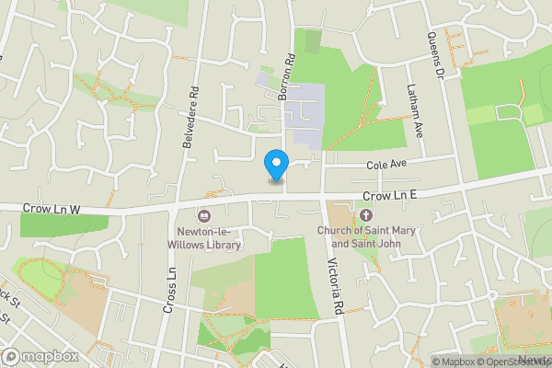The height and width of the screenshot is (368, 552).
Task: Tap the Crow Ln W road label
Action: [x=51, y=211]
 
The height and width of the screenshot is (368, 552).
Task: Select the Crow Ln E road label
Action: [x=390, y=196]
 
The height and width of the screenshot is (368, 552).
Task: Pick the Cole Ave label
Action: [x=386, y=164]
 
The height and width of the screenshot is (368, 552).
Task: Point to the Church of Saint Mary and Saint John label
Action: [x=366, y=236]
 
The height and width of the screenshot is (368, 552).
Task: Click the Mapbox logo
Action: [x=40, y=356]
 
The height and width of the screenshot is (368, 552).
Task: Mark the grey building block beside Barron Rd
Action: [x=304, y=115]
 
